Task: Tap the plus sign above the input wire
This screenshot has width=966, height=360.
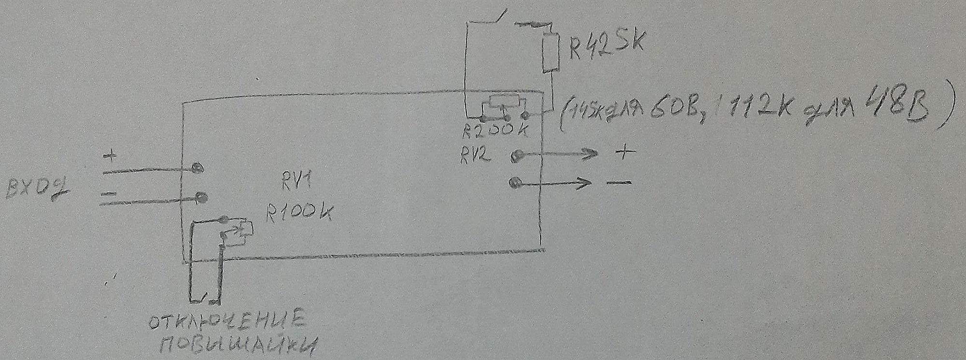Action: point(111,157)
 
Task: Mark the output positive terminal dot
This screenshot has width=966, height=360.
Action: point(516,156)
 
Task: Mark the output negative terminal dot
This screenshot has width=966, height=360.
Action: point(515,183)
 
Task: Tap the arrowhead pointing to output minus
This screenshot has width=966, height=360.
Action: point(584,183)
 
